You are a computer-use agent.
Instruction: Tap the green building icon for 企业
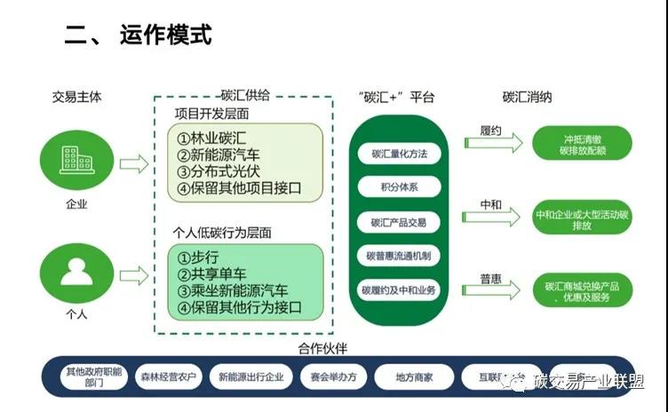(x=76, y=161)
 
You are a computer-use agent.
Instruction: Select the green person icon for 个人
(x=76, y=270)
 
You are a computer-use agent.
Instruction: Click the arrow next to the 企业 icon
(x=134, y=163)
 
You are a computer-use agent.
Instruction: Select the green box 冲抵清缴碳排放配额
(x=582, y=144)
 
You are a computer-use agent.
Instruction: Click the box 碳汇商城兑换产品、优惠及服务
(x=582, y=291)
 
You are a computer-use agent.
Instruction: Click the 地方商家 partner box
(x=414, y=377)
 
